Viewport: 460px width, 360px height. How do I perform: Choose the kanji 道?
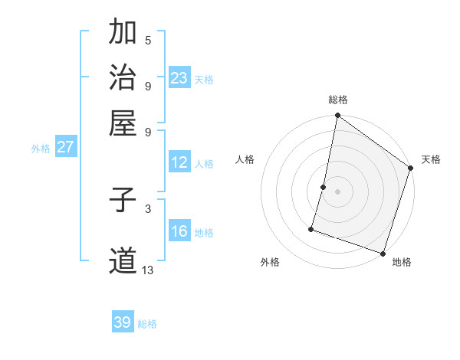tap(123, 261)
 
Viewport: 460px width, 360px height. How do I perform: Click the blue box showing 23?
tap(179, 78)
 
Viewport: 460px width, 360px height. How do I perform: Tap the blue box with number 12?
tap(179, 162)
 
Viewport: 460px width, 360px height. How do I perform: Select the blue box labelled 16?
tap(179, 231)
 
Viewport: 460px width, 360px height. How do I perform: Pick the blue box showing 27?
tap(65, 147)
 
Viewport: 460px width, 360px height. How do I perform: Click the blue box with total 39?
tap(123, 322)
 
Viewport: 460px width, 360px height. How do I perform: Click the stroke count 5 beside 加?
tap(148, 40)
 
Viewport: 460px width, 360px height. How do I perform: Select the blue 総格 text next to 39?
tap(147, 324)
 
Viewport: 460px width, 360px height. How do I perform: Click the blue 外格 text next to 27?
tap(41, 149)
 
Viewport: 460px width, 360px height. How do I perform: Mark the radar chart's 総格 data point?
tap(337, 116)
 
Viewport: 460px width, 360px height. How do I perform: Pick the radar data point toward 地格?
tap(383, 253)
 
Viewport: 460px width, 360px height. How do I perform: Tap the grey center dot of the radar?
tap(337, 191)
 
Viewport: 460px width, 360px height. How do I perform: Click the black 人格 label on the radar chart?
tap(245, 159)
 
